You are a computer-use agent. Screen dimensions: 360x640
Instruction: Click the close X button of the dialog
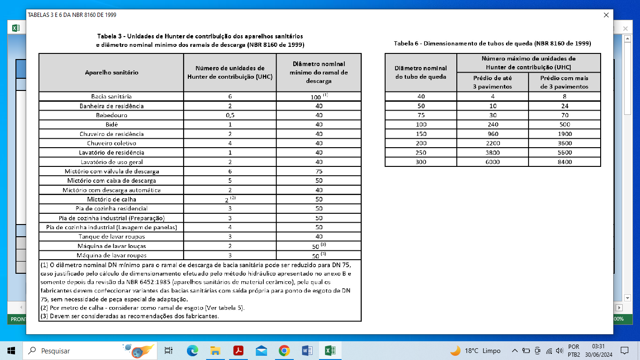click(x=606, y=15)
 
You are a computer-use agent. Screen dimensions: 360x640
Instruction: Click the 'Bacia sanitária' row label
click(x=112, y=97)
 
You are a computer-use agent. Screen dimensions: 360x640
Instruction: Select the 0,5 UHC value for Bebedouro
click(x=230, y=115)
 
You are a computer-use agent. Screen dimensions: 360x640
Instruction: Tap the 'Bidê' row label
click(x=112, y=125)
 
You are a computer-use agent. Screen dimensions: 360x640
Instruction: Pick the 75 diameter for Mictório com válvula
click(x=319, y=172)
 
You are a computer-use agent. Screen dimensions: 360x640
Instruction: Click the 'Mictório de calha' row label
click(x=112, y=199)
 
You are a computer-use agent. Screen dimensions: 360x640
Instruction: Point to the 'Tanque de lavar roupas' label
click(x=112, y=237)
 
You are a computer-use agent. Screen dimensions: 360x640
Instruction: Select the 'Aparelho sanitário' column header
click(x=112, y=73)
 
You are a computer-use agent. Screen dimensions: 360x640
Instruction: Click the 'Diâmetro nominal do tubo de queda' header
click(x=421, y=73)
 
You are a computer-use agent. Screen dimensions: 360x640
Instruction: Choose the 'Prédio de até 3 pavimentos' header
click(x=492, y=82)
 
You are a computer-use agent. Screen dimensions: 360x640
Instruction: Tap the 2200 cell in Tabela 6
click(x=492, y=143)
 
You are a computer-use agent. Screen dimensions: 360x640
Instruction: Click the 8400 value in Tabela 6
click(x=565, y=162)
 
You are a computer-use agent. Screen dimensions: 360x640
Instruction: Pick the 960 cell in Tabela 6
click(x=492, y=134)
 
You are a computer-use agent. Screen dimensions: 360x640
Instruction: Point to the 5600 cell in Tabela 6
click(x=565, y=153)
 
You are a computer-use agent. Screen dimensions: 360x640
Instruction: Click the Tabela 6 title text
click(x=492, y=44)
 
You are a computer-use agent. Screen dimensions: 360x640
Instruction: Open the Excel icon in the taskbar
click(x=330, y=351)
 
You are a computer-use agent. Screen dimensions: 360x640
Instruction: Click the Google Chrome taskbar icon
click(x=284, y=351)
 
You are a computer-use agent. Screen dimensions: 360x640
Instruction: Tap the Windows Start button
click(x=11, y=351)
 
